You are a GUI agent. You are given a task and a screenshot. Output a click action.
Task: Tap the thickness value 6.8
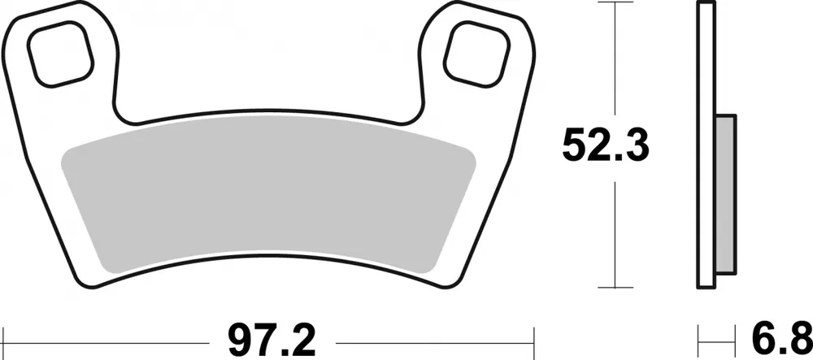click(787, 335)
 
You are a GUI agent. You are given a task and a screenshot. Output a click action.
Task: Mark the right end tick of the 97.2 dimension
click(533, 335)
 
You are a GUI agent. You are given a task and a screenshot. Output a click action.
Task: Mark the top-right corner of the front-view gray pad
click(463, 148)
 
